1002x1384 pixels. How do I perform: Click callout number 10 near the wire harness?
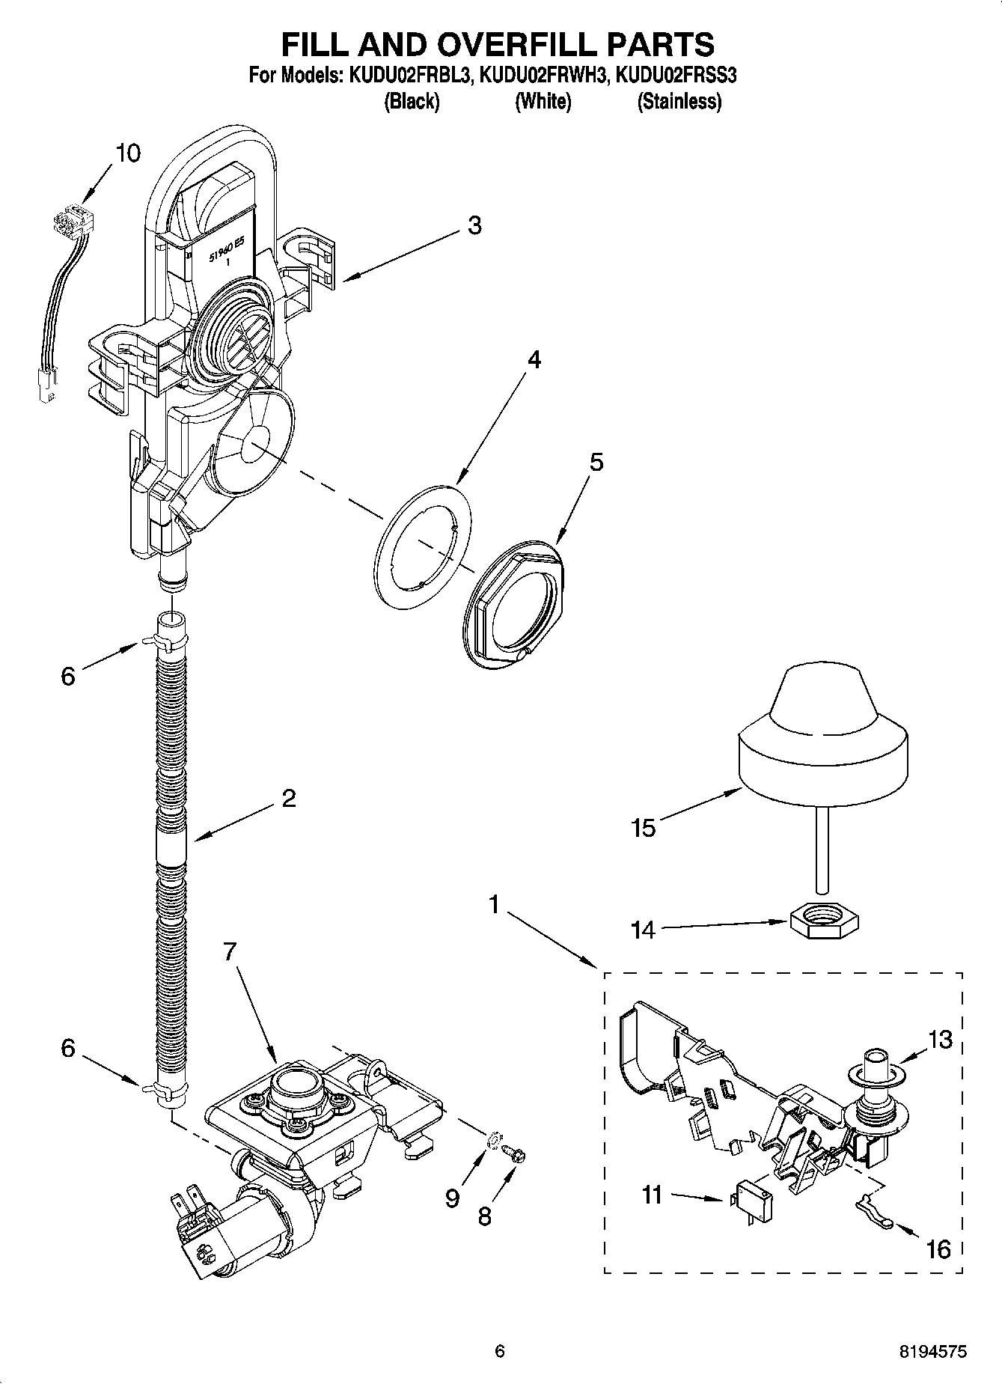point(128,153)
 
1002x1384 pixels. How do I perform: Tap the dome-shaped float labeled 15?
point(822,741)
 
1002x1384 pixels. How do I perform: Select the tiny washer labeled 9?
point(493,1141)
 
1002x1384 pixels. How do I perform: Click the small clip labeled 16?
point(873,1207)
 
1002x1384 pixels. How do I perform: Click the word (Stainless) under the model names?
point(679,102)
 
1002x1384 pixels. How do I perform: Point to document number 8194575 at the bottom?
point(932,1351)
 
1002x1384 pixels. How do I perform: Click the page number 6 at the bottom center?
point(500,1351)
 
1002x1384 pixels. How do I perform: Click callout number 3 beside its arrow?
point(475,225)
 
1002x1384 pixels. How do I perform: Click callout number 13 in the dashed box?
point(941,1039)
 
